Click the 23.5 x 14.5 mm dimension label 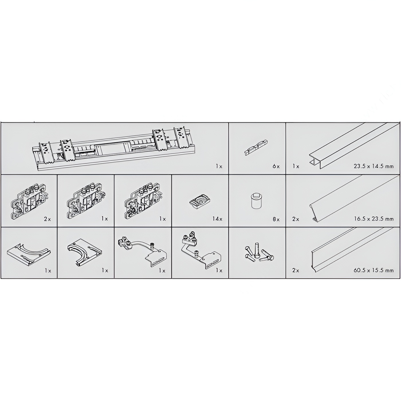click(374, 166)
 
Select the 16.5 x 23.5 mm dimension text click(374, 219)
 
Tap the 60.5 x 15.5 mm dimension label click(374, 270)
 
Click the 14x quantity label click(217, 219)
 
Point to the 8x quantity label click(276, 219)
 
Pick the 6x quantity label click(276, 166)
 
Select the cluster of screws click(259, 252)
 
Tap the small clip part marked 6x click(256, 146)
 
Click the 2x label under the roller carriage click(48, 219)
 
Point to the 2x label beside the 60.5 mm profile click(296, 270)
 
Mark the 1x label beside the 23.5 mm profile click(296, 166)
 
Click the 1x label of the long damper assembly click(219, 166)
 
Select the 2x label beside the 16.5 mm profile click(296, 219)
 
